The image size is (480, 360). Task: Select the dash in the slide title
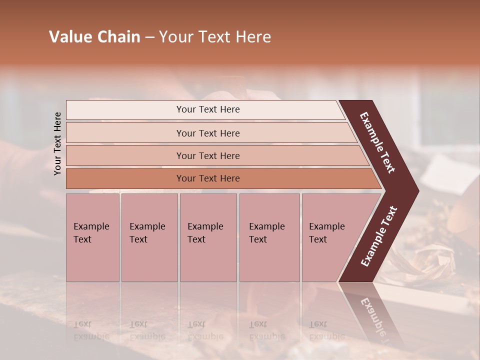(149, 37)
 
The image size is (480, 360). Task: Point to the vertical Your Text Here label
(57, 143)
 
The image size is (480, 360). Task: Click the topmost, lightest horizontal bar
(207, 109)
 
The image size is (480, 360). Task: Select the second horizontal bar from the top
(207, 133)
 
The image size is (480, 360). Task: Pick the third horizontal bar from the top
(207, 155)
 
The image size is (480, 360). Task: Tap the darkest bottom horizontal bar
(207, 178)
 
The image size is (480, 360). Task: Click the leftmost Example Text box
(92, 237)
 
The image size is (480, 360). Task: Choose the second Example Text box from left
(149, 237)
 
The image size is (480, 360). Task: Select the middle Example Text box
(208, 237)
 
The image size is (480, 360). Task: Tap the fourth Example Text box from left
(269, 237)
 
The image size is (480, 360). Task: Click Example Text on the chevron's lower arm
(378, 236)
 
